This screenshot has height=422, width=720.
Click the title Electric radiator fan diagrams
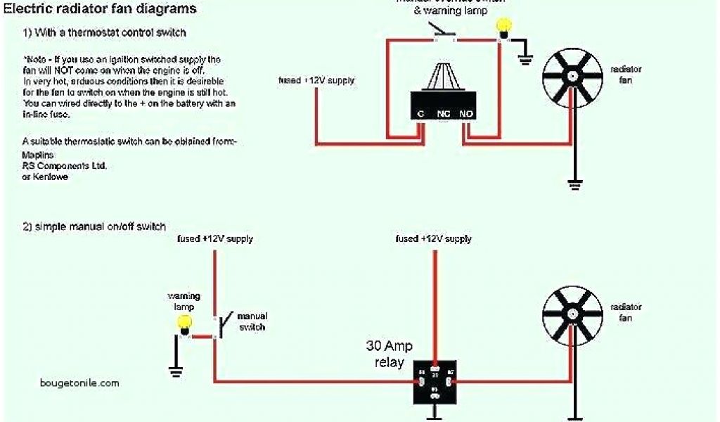100,10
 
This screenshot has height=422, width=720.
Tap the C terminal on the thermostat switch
420,114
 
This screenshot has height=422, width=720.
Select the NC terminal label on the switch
443,114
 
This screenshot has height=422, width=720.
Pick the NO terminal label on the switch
466,114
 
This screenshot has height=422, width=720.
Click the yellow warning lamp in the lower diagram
184,323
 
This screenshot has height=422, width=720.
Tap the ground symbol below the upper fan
574,185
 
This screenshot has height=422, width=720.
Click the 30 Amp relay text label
389,354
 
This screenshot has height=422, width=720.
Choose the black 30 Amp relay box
435,383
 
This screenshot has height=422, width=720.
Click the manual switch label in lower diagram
252,322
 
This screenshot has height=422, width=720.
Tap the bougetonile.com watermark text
79,383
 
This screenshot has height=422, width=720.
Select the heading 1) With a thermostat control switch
105,32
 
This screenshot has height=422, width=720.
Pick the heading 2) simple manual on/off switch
95,226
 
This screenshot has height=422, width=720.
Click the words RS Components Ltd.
64,165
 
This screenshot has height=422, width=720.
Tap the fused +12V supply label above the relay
433,239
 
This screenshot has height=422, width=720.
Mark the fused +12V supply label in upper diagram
316,81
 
